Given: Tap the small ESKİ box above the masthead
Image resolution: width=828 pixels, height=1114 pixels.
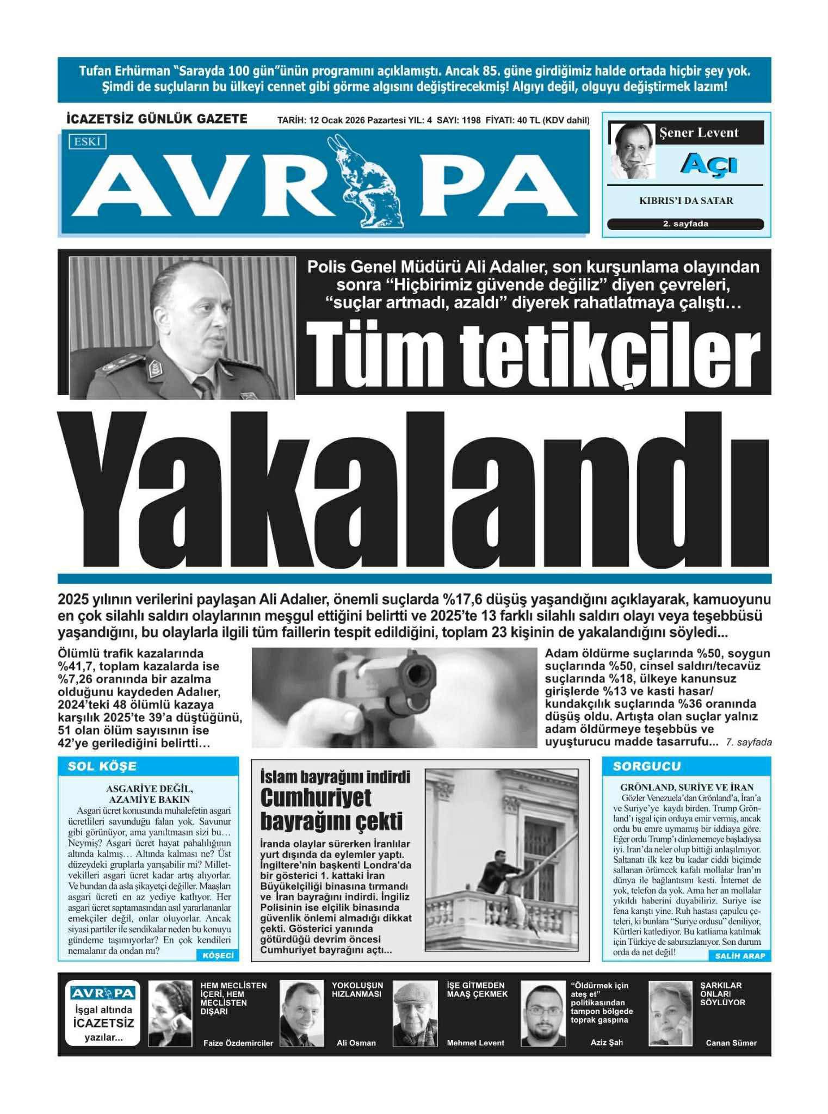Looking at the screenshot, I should [x=87, y=142].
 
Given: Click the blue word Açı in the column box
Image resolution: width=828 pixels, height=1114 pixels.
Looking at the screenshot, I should [x=709, y=163].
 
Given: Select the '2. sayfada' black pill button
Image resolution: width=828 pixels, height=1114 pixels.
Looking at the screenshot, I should [x=685, y=224].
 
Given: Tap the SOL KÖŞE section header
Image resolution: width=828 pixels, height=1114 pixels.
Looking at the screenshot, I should [x=102, y=766].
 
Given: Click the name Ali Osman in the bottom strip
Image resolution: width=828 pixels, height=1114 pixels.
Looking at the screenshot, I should [x=356, y=1043].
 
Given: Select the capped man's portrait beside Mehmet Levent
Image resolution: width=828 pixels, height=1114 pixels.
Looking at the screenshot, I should [x=415, y=1013].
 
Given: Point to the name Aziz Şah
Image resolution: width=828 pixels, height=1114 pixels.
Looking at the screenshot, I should [x=607, y=1042].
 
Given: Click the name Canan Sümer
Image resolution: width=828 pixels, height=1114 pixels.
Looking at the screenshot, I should [x=731, y=1043].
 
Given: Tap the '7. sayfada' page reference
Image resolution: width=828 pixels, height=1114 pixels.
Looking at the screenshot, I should [x=749, y=742].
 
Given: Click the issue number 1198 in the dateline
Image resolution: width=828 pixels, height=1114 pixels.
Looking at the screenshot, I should [x=471, y=120].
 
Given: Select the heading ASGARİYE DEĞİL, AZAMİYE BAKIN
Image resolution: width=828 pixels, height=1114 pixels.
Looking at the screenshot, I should [x=149, y=794].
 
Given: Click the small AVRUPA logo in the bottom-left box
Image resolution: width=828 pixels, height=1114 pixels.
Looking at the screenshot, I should [x=103, y=993].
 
